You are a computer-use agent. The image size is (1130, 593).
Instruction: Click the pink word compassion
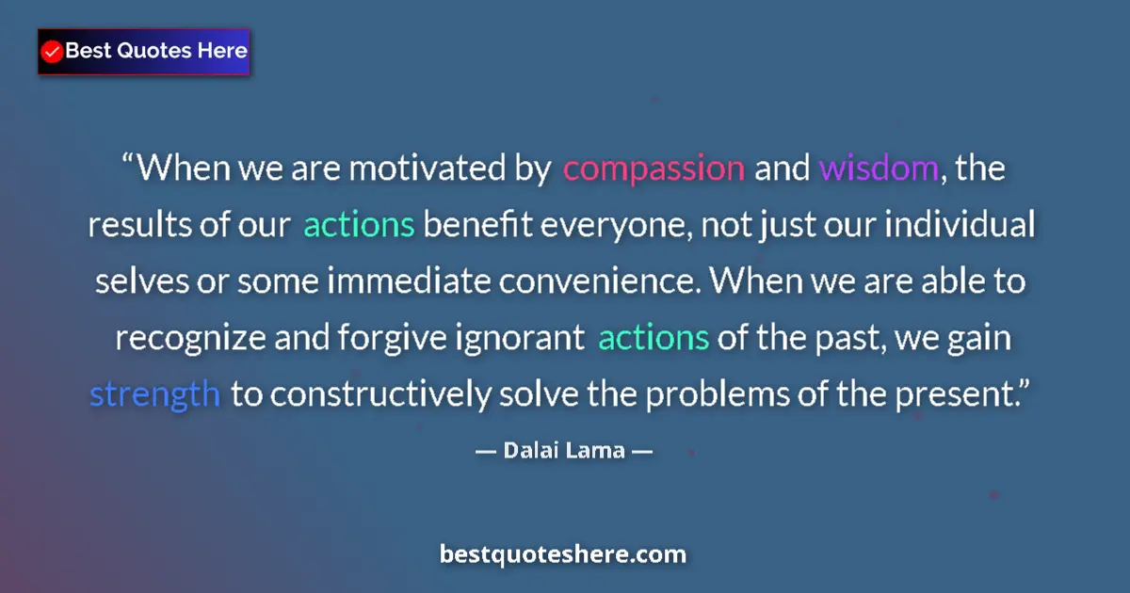pyautogui.click(x=654, y=169)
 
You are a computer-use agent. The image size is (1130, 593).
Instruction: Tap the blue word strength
pyautogui.click(x=155, y=394)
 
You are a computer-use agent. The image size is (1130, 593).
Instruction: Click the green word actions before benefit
pyautogui.click(x=359, y=226)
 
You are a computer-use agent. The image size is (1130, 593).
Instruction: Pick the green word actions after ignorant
pyautogui.click(x=654, y=338)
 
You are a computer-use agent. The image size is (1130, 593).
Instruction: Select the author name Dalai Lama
pyautogui.click(x=564, y=450)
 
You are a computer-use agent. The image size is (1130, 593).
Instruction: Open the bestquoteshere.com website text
pyautogui.click(x=563, y=554)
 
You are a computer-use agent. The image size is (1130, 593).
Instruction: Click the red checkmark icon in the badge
pyautogui.click(x=53, y=52)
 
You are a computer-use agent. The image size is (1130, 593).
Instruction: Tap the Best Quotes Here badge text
pyautogui.click(x=156, y=52)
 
